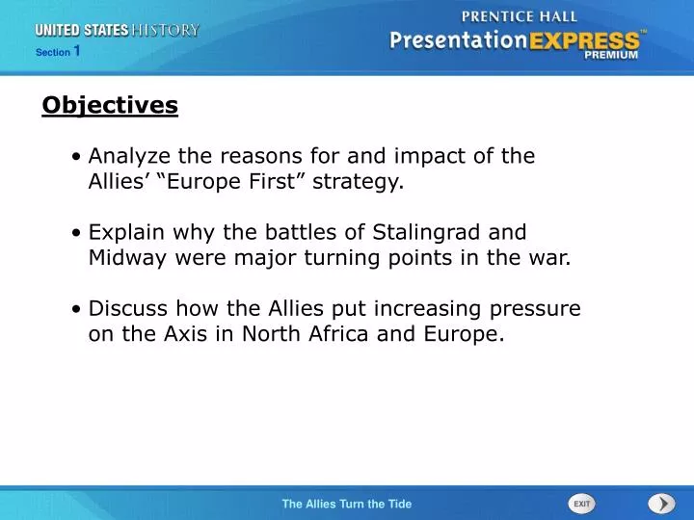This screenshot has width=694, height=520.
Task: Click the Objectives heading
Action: coord(110,105)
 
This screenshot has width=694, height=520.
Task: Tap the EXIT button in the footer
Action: coord(581,504)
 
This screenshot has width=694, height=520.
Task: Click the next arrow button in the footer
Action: coord(661,504)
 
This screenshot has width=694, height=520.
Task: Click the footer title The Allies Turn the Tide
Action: coord(346,504)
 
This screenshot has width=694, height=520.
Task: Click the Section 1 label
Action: coord(57,52)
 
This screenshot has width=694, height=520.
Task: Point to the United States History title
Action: coord(117,30)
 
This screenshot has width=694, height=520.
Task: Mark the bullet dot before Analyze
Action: coord(76,157)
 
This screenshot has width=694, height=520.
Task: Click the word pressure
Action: coord(538,309)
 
